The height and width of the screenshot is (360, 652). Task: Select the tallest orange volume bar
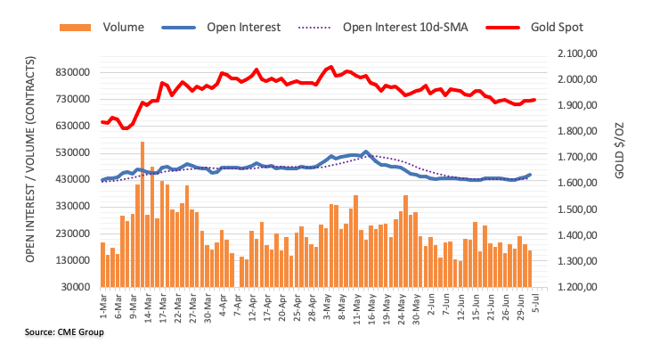(x=143, y=214)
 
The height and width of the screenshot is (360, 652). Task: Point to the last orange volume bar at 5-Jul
(x=530, y=268)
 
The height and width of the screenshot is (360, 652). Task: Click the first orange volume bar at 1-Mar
(x=103, y=265)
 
